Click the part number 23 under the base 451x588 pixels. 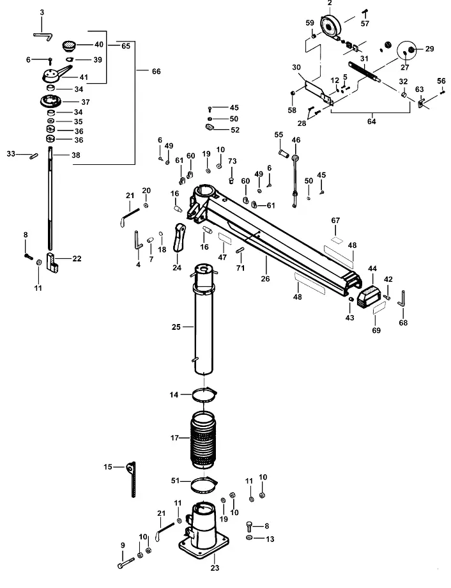tap(215, 568)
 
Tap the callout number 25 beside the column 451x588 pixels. tap(176, 327)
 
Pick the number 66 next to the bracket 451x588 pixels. tap(156, 71)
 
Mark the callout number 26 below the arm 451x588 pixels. tap(265, 279)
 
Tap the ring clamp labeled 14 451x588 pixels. tap(204, 395)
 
